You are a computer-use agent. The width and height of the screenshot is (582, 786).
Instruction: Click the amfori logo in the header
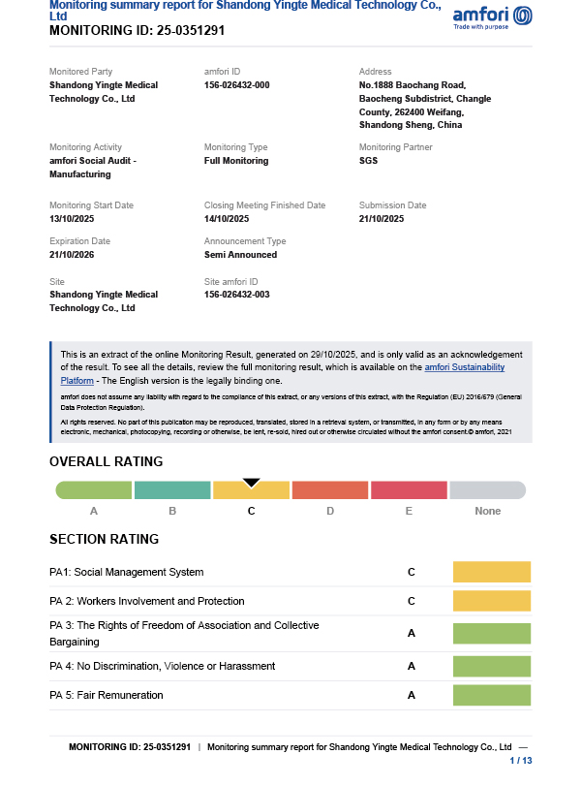click(x=492, y=17)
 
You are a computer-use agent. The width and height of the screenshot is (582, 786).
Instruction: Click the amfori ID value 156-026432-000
click(x=236, y=85)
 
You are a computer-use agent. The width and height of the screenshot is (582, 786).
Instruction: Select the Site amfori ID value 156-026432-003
click(x=236, y=295)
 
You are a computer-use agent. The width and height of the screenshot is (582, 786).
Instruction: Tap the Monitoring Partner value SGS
click(x=368, y=161)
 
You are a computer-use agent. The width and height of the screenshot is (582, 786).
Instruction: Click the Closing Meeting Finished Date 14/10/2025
click(x=228, y=219)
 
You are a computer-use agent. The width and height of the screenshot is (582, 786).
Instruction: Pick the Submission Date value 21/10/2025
click(x=383, y=219)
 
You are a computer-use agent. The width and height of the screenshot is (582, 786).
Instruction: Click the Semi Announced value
click(x=240, y=255)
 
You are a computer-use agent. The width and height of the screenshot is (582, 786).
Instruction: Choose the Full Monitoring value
click(x=236, y=161)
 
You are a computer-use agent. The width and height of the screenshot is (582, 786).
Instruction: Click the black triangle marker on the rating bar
click(x=251, y=481)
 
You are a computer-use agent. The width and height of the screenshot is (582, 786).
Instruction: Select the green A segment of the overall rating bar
click(x=94, y=490)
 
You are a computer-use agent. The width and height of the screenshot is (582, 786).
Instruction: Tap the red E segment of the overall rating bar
click(x=408, y=490)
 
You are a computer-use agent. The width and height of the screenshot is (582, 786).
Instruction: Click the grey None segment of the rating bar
click(x=487, y=490)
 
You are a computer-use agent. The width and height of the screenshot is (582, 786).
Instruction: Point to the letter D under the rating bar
click(x=330, y=511)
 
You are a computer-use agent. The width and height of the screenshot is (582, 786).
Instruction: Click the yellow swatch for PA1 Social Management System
click(x=492, y=572)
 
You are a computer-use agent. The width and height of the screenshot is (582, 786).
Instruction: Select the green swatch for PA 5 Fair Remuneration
click(x=492, y=695)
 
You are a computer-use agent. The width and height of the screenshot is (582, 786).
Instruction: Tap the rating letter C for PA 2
click(x=412, y=602)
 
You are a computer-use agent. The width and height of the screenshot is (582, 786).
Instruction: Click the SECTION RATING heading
click(x=104, y=539)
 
